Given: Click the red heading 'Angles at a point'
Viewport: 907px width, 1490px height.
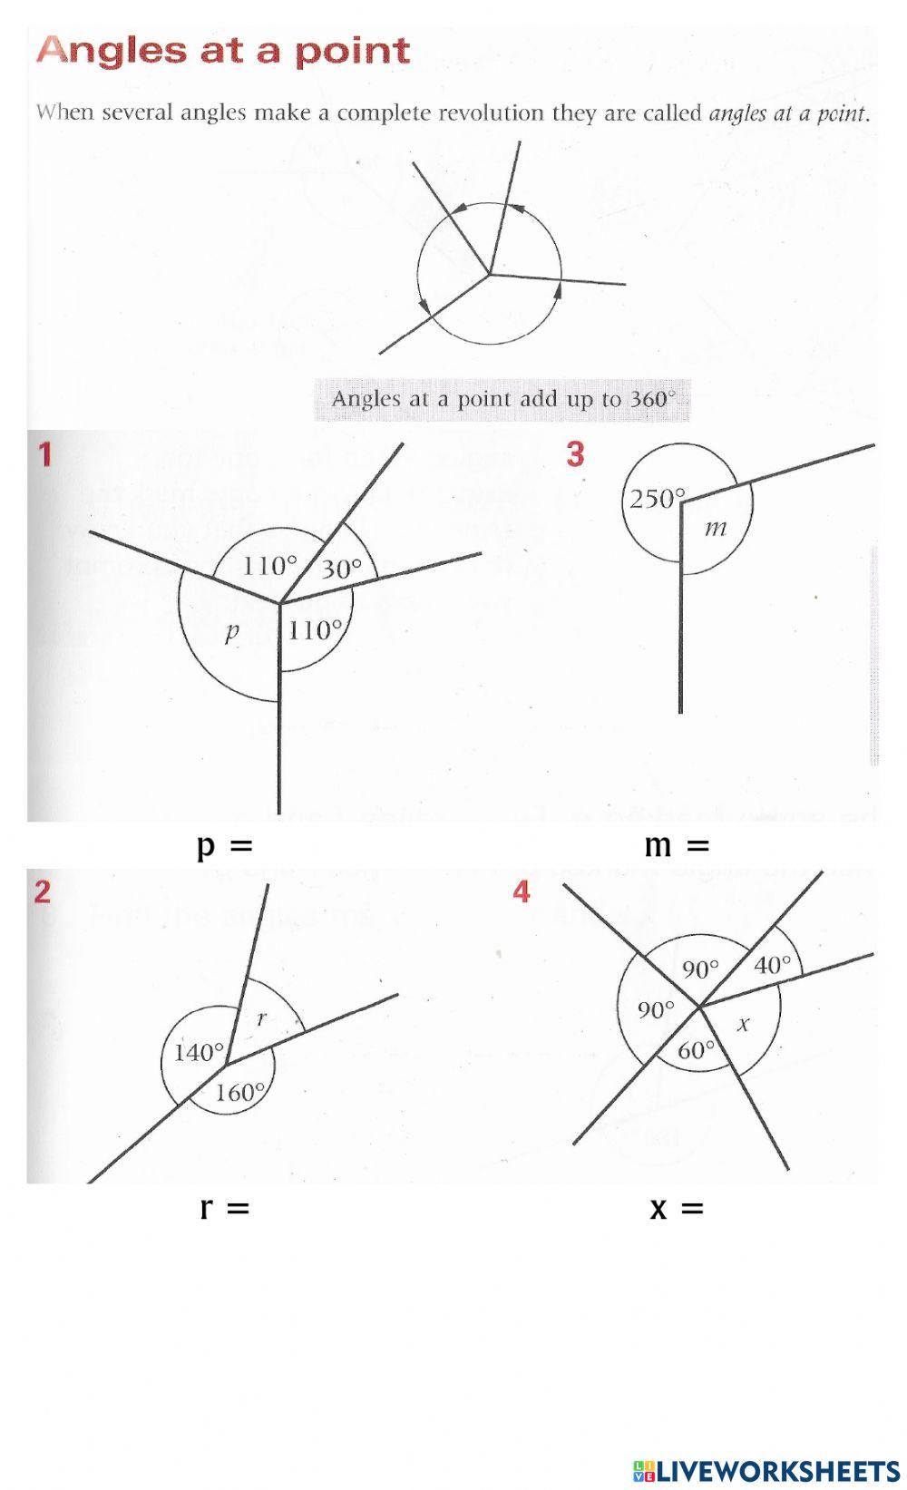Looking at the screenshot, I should [x=223, y=51].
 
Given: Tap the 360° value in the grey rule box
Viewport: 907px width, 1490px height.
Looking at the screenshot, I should [x=652, y=399].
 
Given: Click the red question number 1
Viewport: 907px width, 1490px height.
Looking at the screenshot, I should [x=44, y=454].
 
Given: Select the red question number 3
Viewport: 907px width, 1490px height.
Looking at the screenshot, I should [x=575, y=454].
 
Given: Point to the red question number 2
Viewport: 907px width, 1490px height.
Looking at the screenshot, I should [x=43, y=892].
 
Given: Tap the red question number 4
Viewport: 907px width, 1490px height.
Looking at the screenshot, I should [x=522, y=892].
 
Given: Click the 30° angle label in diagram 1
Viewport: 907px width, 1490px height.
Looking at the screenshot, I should [x=341, y=569].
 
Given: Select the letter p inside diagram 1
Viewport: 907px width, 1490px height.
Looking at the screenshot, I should [x=231, y=633].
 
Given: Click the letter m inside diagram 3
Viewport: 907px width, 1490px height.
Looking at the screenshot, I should [x=716, y=528].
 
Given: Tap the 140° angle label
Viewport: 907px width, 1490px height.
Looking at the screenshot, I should [x=199, y=1052].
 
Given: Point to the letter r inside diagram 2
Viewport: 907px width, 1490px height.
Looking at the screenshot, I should [x=262, y=1018].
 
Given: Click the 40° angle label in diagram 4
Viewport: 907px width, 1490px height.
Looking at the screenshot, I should [x=773, y=965].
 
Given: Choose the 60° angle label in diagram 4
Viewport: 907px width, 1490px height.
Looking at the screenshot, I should [x=697, y=1050].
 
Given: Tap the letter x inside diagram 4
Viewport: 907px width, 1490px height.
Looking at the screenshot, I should [x=744, y=1025].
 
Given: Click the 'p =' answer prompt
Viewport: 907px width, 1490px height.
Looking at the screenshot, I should [x=224, y=846].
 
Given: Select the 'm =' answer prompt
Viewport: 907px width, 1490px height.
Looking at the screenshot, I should [x=676, y=846].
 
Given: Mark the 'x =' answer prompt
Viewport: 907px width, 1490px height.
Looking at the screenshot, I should [x=677, y=1208].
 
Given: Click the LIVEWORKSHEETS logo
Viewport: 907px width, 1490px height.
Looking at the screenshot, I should [x=766, y=1470].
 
